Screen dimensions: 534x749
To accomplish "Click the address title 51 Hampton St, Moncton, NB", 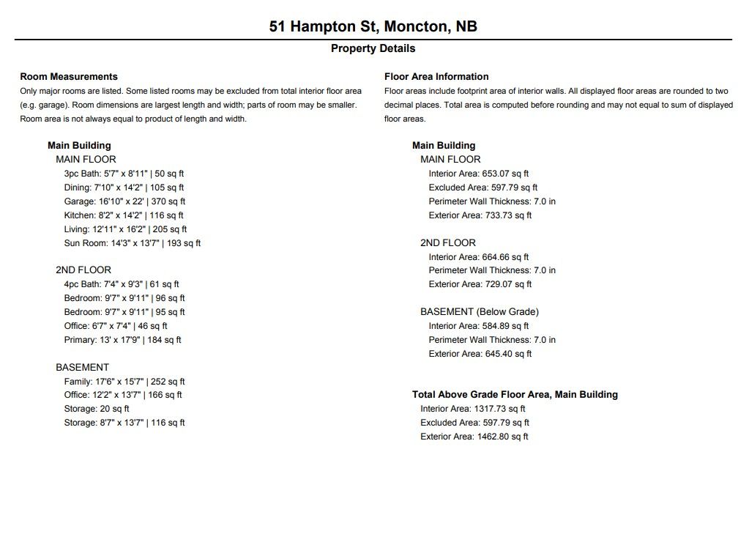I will pyautogui.click(x=373, y=26).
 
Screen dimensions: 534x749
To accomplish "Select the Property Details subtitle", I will pyautogui.click(x=373, y=48).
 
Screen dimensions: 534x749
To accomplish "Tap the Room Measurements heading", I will pyautogui.click(x=69, y=76).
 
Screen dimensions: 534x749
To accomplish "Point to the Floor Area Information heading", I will pyautogui.click(x=436, y=76).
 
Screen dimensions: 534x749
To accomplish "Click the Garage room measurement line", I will pyautogui.click(x=124, y=201).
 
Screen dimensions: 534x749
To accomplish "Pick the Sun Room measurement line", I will pyautogui.click(x=132, y=243).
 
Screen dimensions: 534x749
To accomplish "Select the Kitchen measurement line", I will pyautogui.click(x=124, y=215).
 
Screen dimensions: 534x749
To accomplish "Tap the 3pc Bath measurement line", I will pyautogui.click(x=124, y=174).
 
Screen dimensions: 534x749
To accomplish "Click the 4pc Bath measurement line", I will pyautogui.click(x=122, y=284).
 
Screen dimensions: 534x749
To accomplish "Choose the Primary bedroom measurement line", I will pyautogui.click(x=122, y=340).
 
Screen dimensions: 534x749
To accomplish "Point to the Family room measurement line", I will pyautogui.click(x=124, y=382).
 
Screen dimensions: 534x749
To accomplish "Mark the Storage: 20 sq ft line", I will pyautogui.click(x=97, y=409).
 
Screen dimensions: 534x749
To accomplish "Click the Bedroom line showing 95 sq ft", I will pyautogui.click(x=124, y=312).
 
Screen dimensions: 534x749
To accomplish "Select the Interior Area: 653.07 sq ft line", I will pyautogui.click(x=479, y=174).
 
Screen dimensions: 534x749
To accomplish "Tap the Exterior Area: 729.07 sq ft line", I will pyautogui.click(x=480, y=284).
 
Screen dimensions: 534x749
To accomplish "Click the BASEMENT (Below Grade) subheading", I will pyautogui.click(x=480, y=312).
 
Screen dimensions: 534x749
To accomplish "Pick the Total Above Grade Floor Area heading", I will pyautogui.click(x=515, y=395).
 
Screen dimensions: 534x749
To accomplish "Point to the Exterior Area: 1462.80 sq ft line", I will pyautogui.click(x=474, y=437).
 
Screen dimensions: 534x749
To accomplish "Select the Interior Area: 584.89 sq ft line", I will pyautogui.click(x=479, y=326).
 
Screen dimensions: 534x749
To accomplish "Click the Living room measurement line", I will pyautogui.click(x=125, y=229).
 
